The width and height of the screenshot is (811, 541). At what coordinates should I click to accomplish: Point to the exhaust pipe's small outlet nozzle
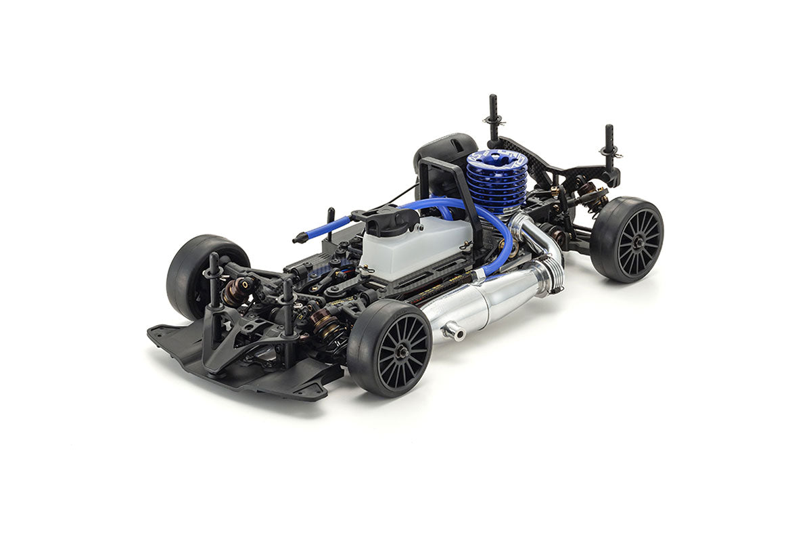pyautogui.click(x=455, y=333)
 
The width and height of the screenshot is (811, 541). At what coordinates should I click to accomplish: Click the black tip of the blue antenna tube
pyautogui.click(x=298, y=239)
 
